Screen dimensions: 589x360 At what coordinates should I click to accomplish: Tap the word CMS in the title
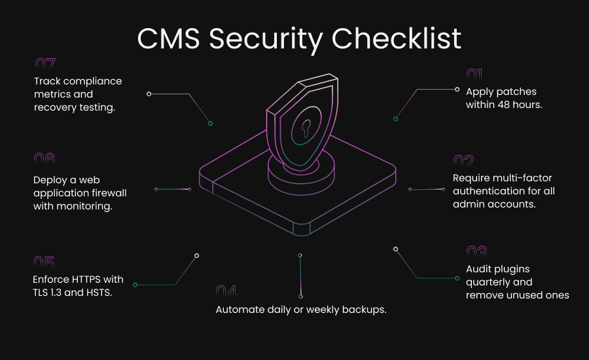point(170,39)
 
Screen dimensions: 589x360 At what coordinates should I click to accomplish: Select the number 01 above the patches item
point(474,75)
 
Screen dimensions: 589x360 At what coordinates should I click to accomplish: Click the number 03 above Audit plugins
point(476,251)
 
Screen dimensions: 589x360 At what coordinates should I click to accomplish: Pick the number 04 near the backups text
point(226,291)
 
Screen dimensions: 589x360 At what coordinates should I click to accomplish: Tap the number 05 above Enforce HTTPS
point(44,262)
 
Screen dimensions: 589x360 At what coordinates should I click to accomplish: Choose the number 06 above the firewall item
point(45,159)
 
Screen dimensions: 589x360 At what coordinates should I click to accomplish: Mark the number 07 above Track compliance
point(45,64)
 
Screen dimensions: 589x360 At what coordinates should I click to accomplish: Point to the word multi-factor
point(517,178)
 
